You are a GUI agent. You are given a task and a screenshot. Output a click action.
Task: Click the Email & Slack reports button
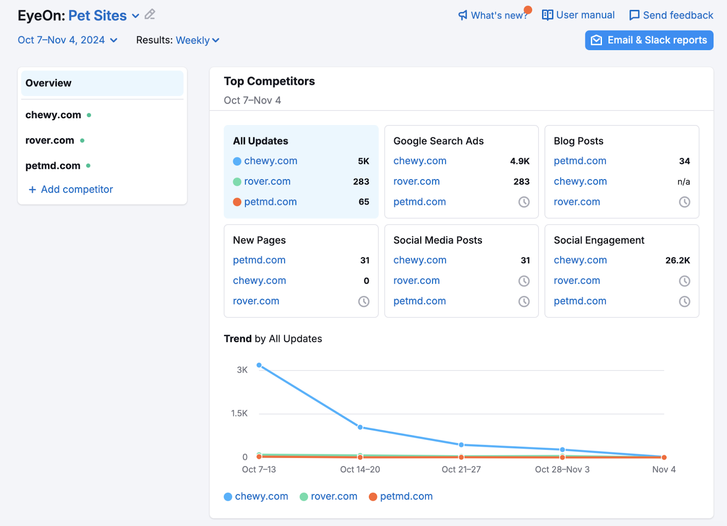(x=649, y=40)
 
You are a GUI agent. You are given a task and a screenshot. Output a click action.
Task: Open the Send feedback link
(x=671, y=15)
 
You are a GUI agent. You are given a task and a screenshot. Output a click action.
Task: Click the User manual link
(x=578, y=15)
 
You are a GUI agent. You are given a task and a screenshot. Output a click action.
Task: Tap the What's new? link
(x=493, y=15)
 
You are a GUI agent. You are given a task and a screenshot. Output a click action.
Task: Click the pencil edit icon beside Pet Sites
(x=150, y=15)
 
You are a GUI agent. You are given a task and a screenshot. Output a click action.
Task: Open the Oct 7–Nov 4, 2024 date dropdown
(x=67, y=40)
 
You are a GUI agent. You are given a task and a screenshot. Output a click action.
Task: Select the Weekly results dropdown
(x=197, y=40)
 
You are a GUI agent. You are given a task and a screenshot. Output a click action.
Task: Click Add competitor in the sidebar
(x=71, y=189)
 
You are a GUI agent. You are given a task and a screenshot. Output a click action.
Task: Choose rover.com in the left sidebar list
(x=50, y=140)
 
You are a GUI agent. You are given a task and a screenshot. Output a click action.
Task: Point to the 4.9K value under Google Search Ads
(x=519, y=161)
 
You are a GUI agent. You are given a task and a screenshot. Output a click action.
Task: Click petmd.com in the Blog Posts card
(x=580, y=161)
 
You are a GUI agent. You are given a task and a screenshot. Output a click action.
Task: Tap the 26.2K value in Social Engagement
(x=677, y=260)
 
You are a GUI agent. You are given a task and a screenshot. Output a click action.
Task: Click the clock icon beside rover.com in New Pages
(x=363, y=301)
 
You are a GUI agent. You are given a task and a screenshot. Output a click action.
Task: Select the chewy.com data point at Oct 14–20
(x=360, y=427)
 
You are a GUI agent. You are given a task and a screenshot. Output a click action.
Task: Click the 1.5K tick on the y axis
(x=239, y=413)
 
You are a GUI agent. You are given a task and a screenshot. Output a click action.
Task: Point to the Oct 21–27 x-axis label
(x=461, y=469)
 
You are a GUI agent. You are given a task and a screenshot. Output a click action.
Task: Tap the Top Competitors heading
(x=269, y=81)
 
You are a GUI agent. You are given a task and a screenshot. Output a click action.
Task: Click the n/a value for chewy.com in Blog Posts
(x=683, y=181)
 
